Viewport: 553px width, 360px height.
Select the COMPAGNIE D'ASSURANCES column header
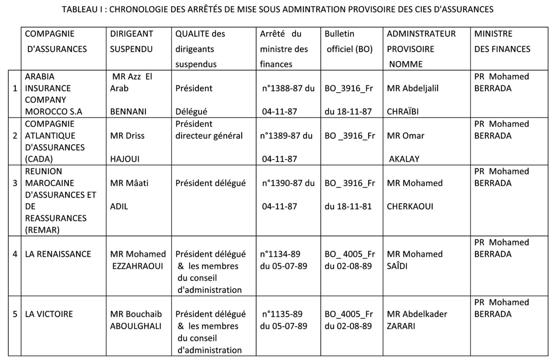click(55, 41)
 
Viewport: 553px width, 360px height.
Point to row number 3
click(15, 183)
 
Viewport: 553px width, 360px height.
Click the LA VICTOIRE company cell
click(49, 314)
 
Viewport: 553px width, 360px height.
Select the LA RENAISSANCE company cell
click(58, 254)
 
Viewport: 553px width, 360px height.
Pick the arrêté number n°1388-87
click(288, 88)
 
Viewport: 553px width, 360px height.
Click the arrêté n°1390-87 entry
click(288, 183)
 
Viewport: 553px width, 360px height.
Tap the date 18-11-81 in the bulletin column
click(349, 206)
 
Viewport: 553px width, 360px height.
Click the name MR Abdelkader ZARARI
click(417, 320)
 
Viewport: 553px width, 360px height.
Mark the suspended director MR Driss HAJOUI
click(127, 147)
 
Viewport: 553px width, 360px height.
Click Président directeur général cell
click(209, 130)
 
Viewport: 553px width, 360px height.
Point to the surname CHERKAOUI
click(410, 206)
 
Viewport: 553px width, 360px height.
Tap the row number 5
click(15, 314)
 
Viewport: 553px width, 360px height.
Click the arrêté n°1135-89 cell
click(283, 320)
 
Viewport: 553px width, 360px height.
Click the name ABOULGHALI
click(135, 326)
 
